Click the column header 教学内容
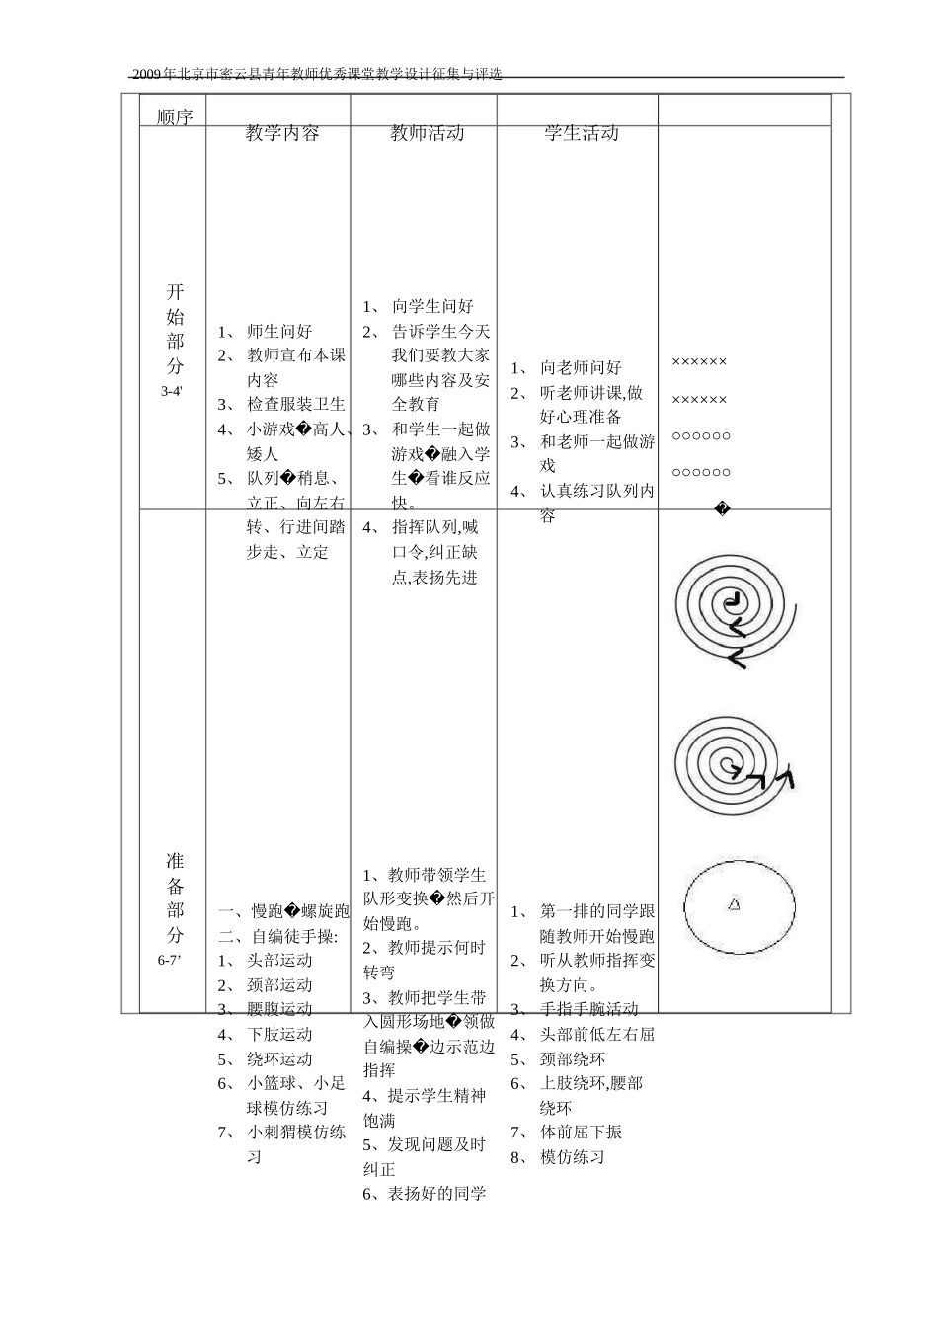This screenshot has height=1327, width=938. click(x=282, y=134)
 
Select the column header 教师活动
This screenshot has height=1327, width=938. click(x=427, y=134)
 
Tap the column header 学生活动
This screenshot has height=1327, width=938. click(x=582, y=134)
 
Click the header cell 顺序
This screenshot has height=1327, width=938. click(x=175, y=117)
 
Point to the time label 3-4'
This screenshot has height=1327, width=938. click(x=173, y=392)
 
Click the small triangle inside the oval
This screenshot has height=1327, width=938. click(x=734, y=903)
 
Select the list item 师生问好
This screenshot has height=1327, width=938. click(x=279, y=332)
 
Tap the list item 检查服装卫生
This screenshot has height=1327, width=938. click(x=295, y=404)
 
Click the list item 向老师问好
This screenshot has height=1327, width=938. click(x=581, y=368)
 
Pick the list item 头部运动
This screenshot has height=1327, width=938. click(x=279, y=961)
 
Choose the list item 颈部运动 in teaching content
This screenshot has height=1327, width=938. click(x=279, y=985)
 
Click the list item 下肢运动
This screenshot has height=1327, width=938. click(x=279, y=1035)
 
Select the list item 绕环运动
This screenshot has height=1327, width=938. click(x=279, y=1059)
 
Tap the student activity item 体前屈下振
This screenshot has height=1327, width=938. click(x=581, y=1132)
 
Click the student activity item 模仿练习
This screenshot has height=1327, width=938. click(x=573, y=1157)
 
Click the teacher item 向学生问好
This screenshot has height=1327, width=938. click(x=432, y=307)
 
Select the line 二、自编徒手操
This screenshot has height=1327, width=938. click(x=278, y=936)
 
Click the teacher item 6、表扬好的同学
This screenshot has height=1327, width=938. click(x=425, y=1194)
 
